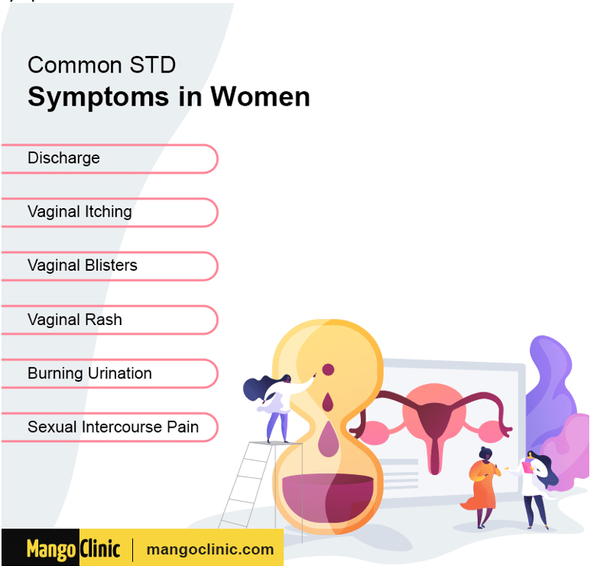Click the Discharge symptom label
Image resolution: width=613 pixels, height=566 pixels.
click(63, 158)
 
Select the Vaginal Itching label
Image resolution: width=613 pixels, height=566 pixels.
click(79, 212)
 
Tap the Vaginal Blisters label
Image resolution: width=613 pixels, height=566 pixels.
click(83, 265)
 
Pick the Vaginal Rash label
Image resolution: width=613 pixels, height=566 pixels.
click(75, 320)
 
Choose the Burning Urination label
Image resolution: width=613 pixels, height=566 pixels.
click(89, 373)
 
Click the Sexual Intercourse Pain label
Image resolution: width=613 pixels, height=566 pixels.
click(113, 427)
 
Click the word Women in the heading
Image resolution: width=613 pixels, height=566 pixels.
click(261, 96)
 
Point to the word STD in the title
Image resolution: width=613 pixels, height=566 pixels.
click(152, 65)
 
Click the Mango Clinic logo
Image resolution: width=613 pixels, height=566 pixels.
click(73, 548)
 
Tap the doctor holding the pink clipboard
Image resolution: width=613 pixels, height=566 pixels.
click(537, 489)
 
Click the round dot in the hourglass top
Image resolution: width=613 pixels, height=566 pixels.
click(328, 369)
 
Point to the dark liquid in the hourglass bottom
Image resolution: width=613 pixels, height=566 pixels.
click(328, 497)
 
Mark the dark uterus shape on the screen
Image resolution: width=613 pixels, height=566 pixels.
click(434, 431)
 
